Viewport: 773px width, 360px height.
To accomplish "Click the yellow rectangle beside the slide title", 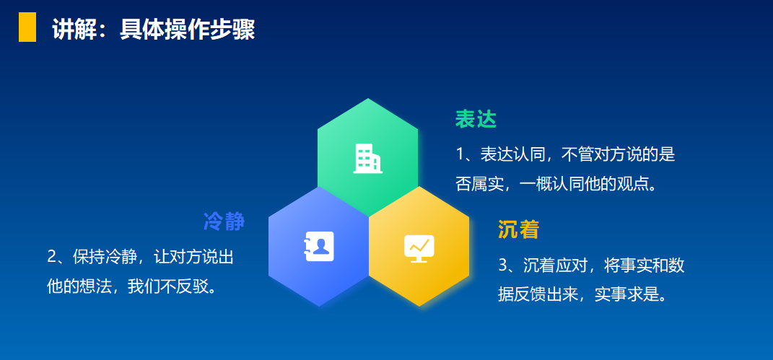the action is point(27,27).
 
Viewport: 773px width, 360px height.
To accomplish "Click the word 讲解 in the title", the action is point(69,30).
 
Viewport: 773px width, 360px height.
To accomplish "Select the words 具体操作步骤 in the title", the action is point(188,30).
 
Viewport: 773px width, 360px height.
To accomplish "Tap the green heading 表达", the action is point(476,119).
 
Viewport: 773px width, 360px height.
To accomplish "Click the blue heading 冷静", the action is point(224,221).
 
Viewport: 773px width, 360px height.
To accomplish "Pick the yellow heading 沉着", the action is point(519,229).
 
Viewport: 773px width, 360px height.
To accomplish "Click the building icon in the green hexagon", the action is point(368,159).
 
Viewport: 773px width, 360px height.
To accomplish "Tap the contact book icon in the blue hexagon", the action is point(319,246).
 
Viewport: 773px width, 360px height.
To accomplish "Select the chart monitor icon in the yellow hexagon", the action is point(419,248).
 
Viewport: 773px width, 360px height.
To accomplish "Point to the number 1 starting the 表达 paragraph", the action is point(460,154).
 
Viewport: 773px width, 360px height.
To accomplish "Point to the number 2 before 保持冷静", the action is point(52,257).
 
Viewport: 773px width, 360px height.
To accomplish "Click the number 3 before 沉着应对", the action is point(503,265).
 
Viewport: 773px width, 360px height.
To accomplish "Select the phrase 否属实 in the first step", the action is point(479,184).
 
